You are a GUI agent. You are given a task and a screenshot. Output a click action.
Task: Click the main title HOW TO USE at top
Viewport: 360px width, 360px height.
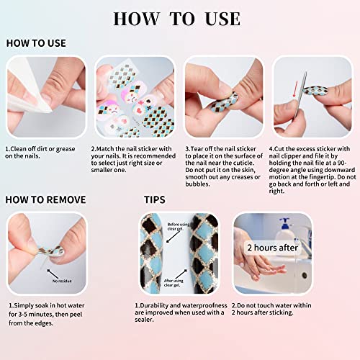coord(180,17)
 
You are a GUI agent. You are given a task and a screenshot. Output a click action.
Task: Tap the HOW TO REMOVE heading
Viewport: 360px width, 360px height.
coord(46,199)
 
